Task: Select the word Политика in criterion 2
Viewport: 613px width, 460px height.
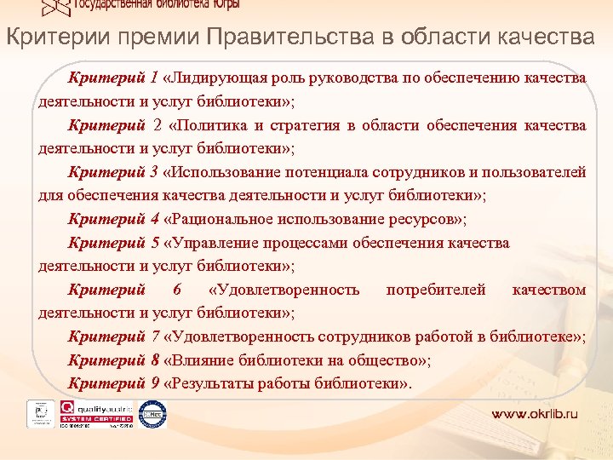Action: tap(217, 125)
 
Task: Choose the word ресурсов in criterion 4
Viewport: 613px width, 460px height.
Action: tap(427, 219)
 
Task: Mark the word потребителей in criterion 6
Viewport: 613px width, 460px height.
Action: tap(436, 290)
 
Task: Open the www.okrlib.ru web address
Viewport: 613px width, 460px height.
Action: tap(535, 414)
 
